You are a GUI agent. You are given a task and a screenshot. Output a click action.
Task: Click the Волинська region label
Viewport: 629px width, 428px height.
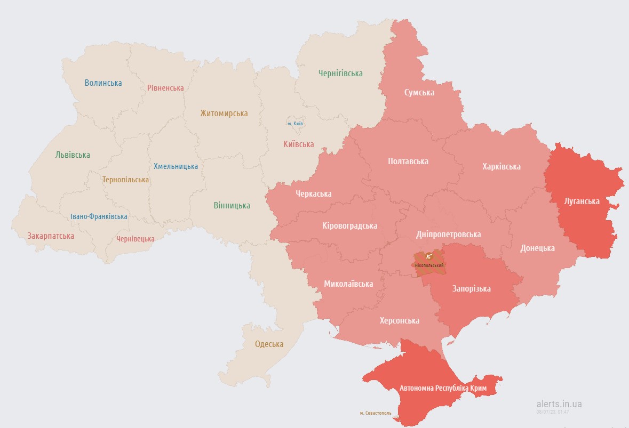tap(103, 83)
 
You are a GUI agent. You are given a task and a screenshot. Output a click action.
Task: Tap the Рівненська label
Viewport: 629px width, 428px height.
tap(165, 88)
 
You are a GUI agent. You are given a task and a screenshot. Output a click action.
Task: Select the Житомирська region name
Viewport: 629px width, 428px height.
tap(224, 114)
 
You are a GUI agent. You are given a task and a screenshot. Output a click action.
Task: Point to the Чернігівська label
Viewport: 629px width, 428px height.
tap(340, 74)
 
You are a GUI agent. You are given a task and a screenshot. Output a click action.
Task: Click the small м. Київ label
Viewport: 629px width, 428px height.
tap(295, 124)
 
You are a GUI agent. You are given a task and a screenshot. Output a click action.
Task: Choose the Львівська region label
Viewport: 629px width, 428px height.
tap(73, 155)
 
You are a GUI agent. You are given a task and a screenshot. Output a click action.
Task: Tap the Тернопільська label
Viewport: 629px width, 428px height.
tap(126, 180)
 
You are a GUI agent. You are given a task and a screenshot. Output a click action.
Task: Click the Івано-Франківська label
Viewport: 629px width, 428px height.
tap(99, 216)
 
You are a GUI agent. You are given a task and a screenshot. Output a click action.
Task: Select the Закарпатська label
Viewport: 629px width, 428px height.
tap(51, 236)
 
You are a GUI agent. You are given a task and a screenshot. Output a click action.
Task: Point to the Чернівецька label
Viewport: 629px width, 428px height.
tap(136, 239)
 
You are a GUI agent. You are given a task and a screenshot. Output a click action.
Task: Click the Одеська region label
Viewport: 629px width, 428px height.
tap(269, 344)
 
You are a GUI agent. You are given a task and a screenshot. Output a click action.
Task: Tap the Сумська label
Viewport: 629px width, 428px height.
tap(419, 93)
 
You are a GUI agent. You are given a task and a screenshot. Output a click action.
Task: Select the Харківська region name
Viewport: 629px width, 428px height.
tap(501, 167)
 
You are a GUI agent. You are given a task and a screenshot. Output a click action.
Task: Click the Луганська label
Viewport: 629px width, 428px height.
tap(582, 201)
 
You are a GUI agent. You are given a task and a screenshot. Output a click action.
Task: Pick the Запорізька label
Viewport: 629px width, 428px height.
tap(471, 289)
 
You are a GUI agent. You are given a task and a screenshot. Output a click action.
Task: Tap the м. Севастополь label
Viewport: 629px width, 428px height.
tap(375, 413)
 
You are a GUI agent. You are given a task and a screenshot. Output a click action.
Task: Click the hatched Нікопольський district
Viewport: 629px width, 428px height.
tap(429, 264)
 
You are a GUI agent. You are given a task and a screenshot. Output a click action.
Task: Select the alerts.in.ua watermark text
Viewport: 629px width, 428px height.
tap(559, 404)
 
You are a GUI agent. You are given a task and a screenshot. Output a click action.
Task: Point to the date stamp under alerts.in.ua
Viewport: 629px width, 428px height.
tap(553, 411)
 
